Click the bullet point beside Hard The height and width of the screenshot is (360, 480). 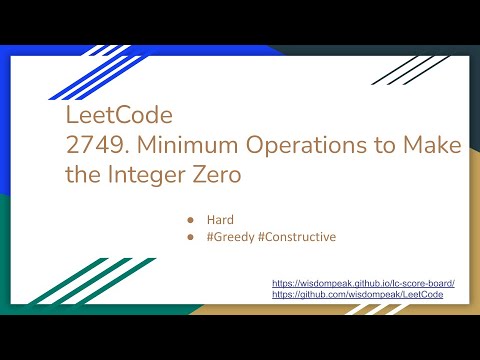[190, 217]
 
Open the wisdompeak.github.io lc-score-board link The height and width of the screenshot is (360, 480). [363, 284]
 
